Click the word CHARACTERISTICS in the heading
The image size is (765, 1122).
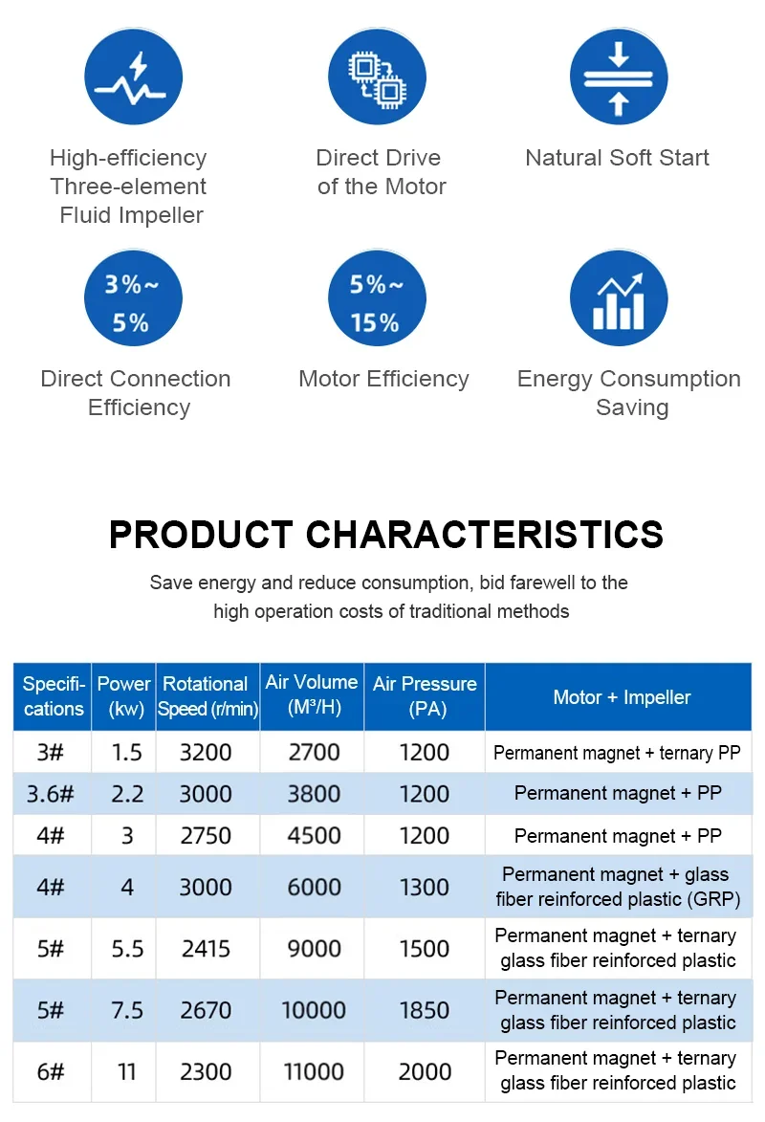[484, 534]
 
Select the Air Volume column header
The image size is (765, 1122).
[312, 695]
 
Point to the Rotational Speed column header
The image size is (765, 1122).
[208, 696]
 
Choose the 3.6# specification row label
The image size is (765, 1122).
[51, 794]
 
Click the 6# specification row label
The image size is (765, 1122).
[51, 1071]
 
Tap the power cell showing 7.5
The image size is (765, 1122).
[127, 1010]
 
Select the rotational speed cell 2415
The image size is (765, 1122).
[206, 949]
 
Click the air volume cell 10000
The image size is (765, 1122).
[314, 1010]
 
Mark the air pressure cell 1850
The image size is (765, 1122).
[425, 1010]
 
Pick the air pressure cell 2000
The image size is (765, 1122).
[425, 1071]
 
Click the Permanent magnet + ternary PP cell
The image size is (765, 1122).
[617, 753]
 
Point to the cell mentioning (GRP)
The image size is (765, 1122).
[618, 887]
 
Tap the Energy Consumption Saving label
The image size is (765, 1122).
[629, 392]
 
